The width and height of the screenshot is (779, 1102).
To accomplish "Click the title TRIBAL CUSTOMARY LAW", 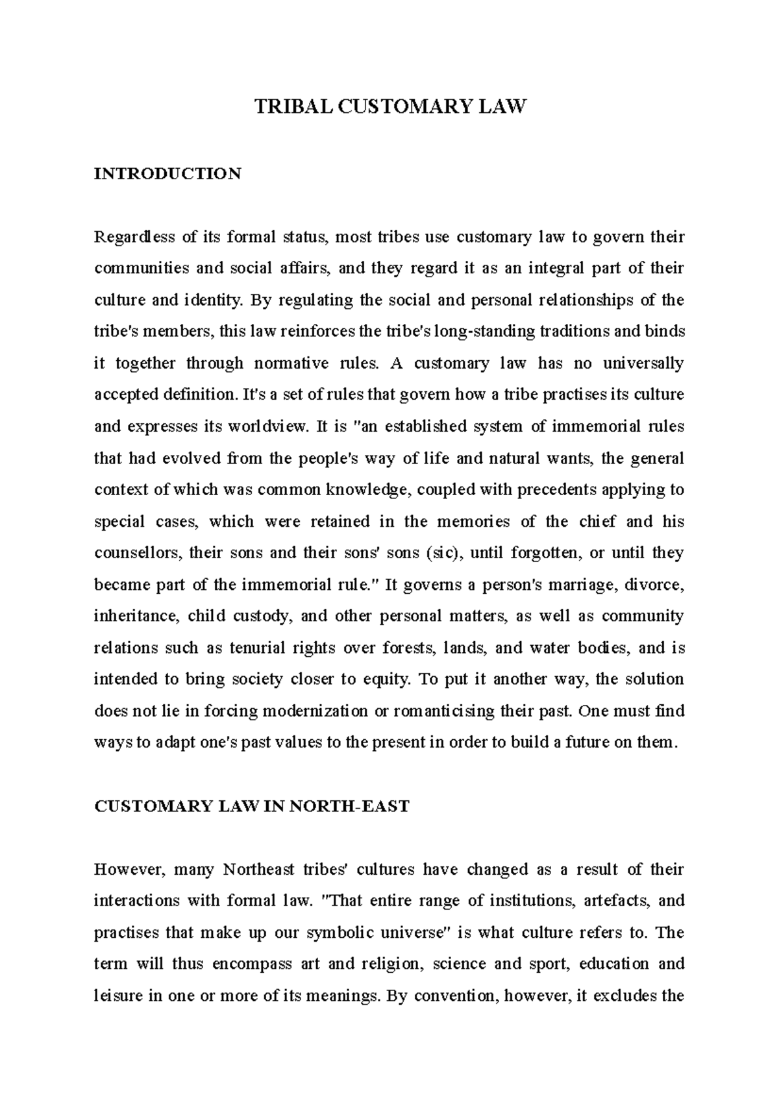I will click(x=389, y=106).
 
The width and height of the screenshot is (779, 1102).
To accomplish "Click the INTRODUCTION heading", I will click(x=167, y=174).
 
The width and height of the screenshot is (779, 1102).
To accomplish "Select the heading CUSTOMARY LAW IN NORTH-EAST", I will click(x=252, y=807).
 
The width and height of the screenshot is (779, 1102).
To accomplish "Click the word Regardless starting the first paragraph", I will click(x=134, y=237).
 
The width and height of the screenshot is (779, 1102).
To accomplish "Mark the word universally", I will click(x=643, y=363).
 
